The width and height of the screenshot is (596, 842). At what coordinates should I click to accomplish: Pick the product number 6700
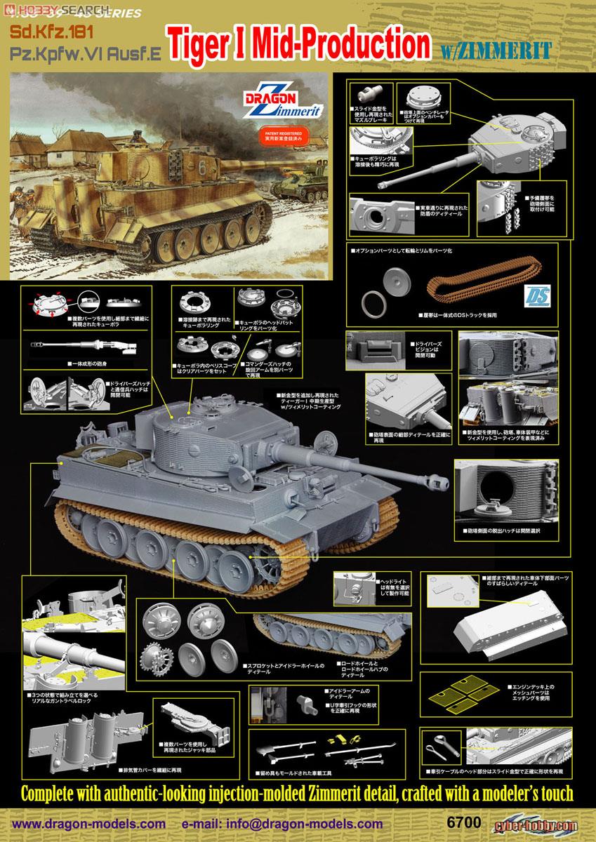[477, 821]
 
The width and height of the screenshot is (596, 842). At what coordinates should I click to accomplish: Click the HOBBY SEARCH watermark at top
[42, 7]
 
